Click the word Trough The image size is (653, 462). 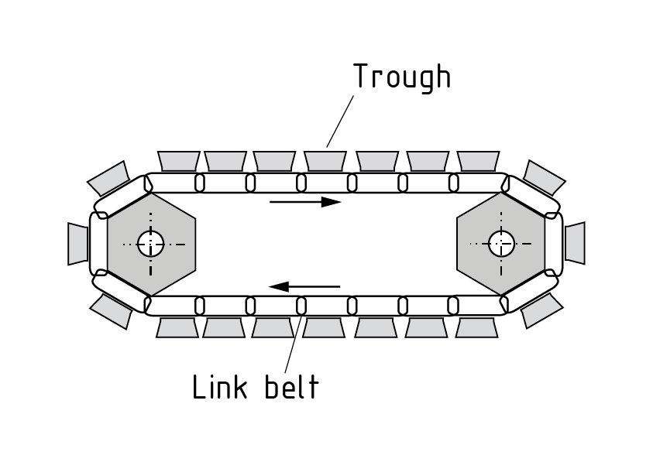coord(401,77)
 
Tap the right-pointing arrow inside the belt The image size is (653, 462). coord(305,202)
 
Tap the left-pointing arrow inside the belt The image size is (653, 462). coord(304,286)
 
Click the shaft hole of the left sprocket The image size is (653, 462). coord(151,244)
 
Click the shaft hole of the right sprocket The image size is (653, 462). coord(501,244)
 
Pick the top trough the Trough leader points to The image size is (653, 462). coord(325,160)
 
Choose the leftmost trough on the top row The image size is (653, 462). coord(179,160)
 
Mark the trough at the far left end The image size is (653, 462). coord(78,243)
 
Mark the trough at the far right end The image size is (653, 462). coord(574,243)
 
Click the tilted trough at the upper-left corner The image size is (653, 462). coord(108,179)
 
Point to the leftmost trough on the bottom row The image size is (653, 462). coord(177,327)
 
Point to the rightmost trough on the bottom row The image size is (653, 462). coord(476,327)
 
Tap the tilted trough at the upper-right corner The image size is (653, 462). coord(544,178)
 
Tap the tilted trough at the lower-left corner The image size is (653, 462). coord(111,310)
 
